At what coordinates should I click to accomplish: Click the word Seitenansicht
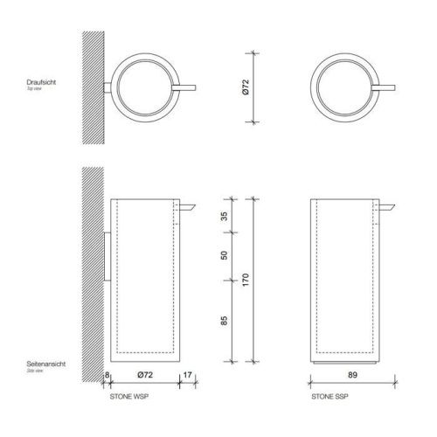point(43,364)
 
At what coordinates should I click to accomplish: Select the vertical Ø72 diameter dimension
point(246,87)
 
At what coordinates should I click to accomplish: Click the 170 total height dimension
point(246,281)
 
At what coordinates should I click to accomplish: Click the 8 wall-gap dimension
point(106,376)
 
